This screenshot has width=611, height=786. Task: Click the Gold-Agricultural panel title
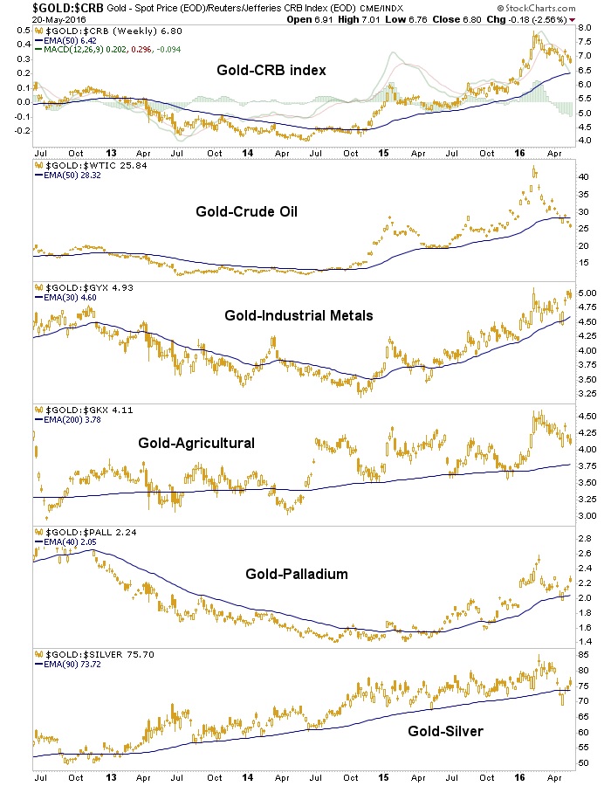pyautogui.click(x=196, y=443)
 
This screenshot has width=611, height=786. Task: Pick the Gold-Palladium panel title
pyautogui.click(x=285, y=574)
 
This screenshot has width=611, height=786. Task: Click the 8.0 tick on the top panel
pyautogui.click(x=581, y=27)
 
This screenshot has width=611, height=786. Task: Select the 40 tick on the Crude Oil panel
pyautogui.click(x=580, y=176)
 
